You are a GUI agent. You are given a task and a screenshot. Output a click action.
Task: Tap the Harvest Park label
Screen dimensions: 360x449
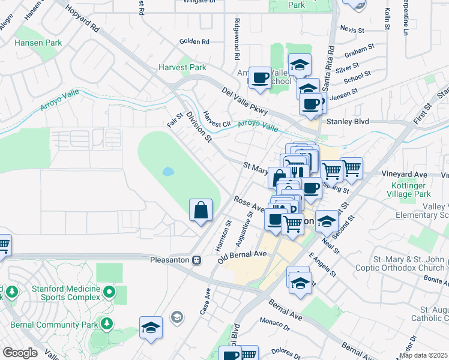click(x=182, y=68)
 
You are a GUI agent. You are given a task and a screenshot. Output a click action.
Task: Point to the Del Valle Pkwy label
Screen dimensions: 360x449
click(x=244, y=101)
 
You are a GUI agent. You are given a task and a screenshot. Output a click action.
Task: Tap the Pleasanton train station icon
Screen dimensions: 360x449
click(x=196, y=260)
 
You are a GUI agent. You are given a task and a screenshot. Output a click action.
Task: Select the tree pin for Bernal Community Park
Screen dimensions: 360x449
click(x=106, y=324)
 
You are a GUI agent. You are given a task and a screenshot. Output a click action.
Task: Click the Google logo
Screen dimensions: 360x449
click(x=19, y=353)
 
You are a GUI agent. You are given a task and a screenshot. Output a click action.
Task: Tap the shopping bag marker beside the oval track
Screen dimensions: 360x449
click(x=201, y=211)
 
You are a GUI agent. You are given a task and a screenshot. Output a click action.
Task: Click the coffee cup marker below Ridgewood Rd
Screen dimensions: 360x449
click(x=260, y=78)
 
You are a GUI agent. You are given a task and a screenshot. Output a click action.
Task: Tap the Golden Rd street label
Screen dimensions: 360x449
click(x=194, y=42)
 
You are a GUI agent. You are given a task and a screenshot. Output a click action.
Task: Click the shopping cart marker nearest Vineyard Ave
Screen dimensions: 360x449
click(x=351, y=169)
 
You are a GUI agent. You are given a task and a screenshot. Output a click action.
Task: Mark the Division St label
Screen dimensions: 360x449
click(x=199, y=126)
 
